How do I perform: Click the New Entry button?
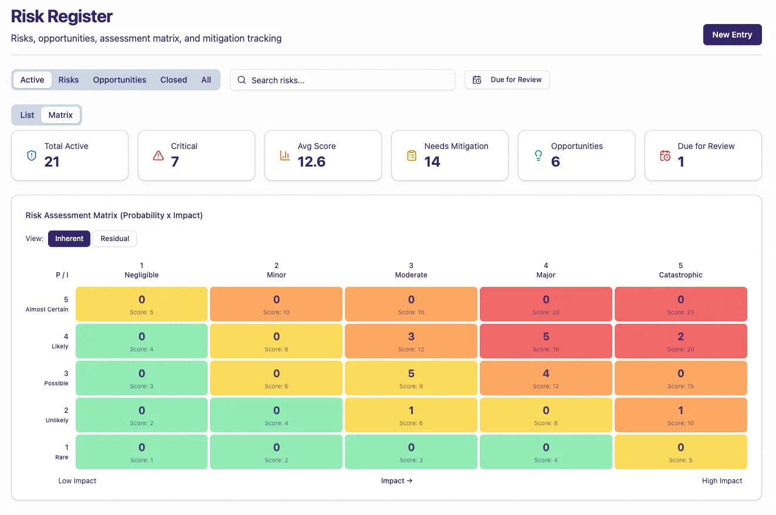732,35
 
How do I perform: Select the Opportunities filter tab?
120,80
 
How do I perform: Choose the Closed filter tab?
174,80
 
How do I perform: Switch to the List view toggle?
28,115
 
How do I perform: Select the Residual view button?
115,239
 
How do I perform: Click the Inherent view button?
69,239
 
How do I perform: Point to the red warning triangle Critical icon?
158,155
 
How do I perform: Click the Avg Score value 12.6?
311,162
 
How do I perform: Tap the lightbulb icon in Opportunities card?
538,155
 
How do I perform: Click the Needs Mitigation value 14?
432,162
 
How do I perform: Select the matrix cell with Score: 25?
680,304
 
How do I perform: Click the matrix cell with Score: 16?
545,341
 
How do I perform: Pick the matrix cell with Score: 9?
411,378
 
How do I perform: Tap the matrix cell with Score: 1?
141,452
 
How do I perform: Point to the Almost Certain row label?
47,309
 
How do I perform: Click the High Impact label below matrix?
722,481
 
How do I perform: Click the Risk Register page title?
62,16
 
